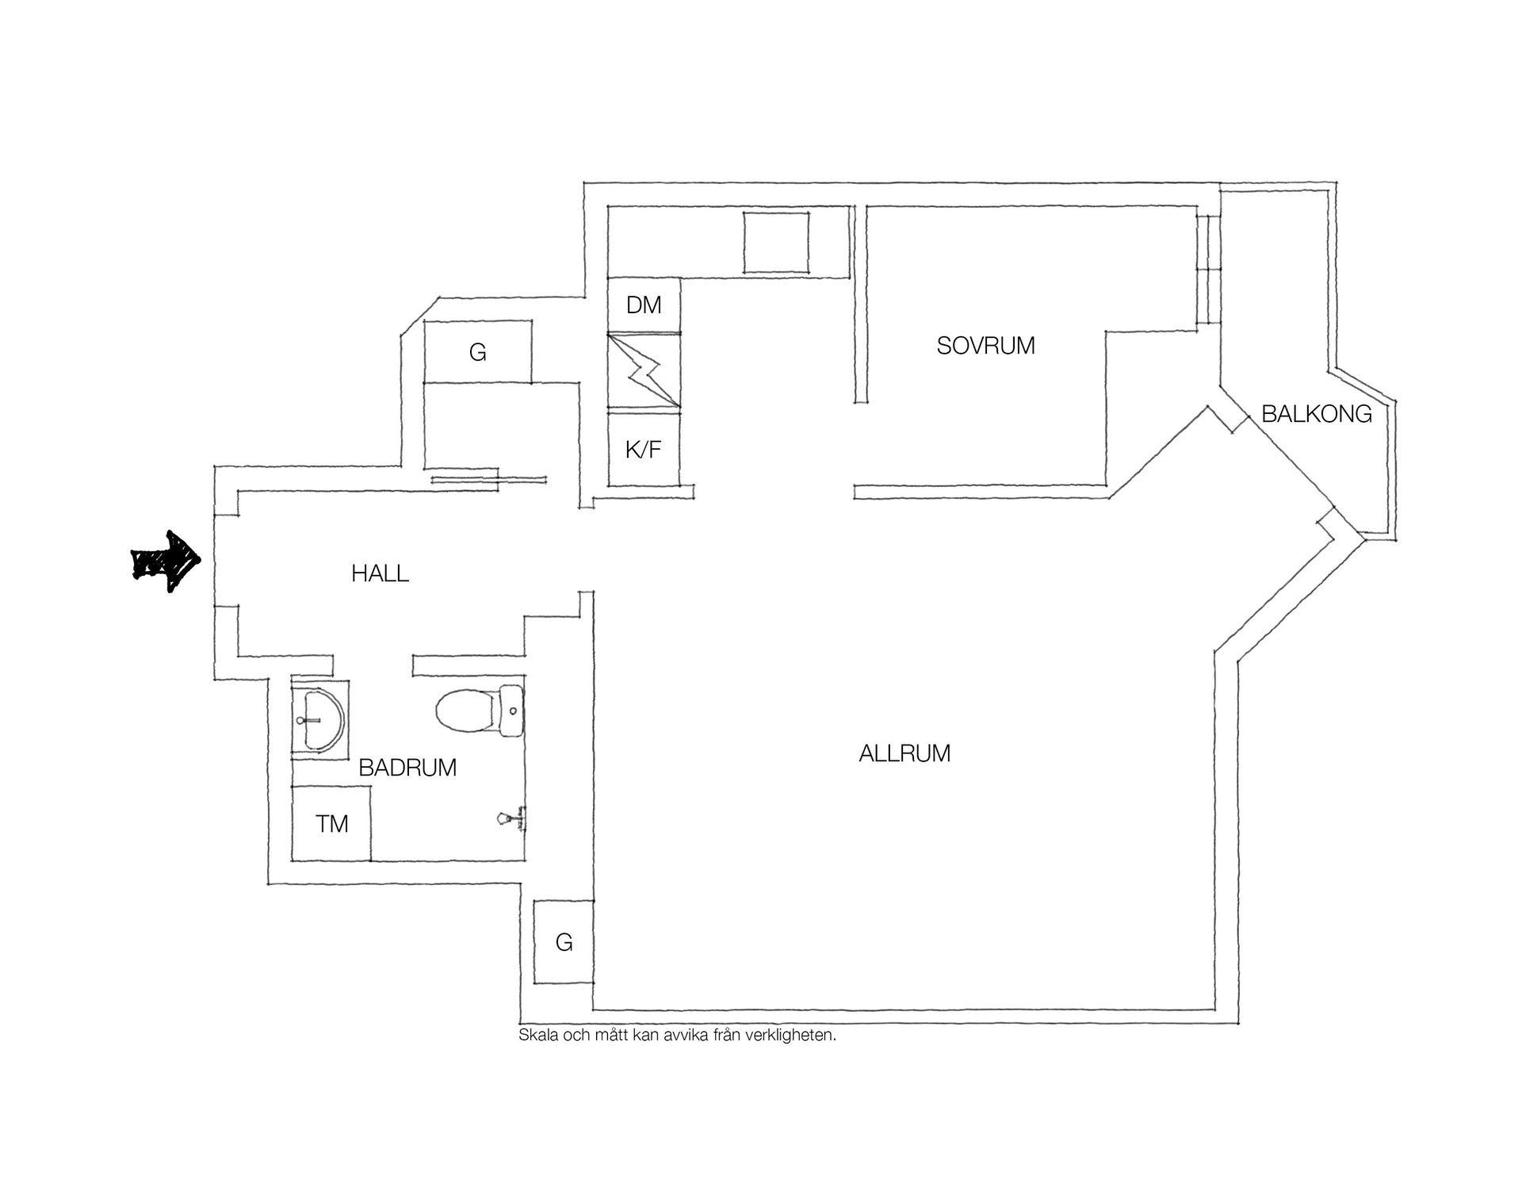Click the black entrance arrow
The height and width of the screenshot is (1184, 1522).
166,561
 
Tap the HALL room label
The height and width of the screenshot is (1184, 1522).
380,573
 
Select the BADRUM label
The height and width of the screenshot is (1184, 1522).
407,768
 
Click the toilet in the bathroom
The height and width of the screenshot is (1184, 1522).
479,711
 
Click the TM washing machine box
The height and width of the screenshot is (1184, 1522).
331,823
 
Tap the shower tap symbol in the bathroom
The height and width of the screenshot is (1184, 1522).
512,818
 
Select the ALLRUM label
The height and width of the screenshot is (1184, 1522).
904,753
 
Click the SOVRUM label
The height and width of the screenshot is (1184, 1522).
985,346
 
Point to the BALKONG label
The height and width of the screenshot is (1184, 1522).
1317,414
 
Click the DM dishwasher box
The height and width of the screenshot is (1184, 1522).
644,305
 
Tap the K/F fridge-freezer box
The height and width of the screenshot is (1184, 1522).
644,450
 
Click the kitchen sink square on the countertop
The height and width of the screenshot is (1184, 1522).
777,242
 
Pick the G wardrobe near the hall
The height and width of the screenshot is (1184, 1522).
477,351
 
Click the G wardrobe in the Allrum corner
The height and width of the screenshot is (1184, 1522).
564,942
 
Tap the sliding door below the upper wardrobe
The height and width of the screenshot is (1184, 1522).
489,478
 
